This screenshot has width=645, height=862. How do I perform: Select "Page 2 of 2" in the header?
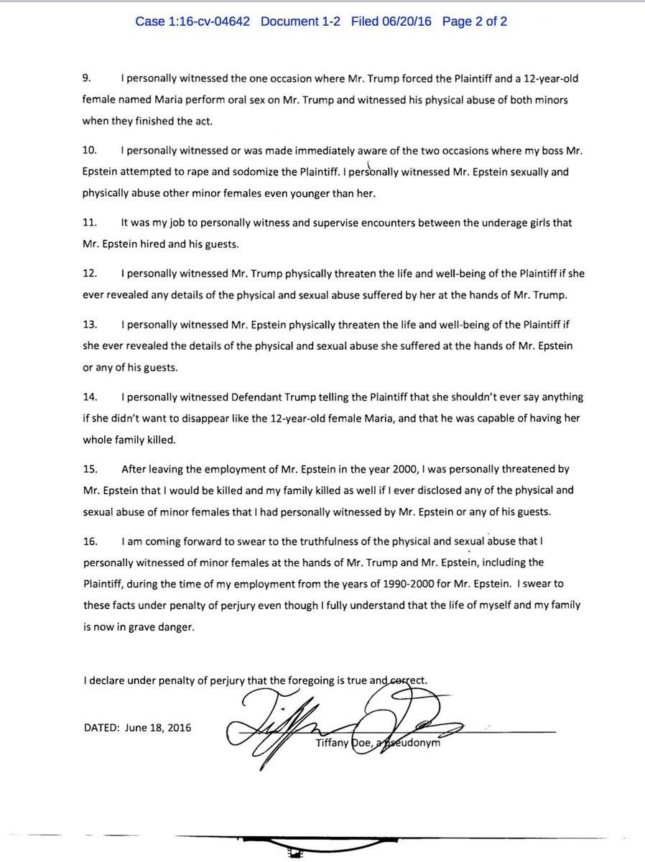tap(475, 22)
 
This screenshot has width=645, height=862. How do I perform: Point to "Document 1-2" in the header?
tap(300, 22)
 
